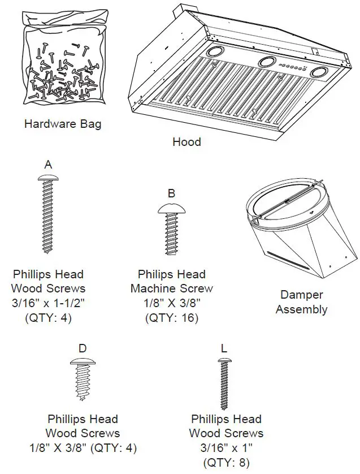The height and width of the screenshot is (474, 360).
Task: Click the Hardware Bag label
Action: tap(63, 123)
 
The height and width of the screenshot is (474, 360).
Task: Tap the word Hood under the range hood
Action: tap(186, 141)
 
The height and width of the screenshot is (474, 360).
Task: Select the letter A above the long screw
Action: tap(48, 165)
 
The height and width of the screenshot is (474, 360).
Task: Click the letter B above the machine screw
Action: tap(171, 194)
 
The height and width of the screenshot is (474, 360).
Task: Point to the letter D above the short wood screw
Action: tap(83, 348)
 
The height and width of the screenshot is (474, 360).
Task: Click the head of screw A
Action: tap(48, 178)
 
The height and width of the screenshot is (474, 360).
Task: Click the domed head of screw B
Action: tap(171, 208)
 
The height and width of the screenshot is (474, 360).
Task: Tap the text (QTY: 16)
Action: tap(172, 318)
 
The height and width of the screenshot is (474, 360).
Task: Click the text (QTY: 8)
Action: tap(225, 463)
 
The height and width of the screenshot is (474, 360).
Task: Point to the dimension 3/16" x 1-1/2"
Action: tap(48, 303)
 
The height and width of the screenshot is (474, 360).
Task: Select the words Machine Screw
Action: tap(172, 288)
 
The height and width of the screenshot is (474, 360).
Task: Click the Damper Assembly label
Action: tap(301, 302)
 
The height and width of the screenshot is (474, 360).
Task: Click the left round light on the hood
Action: tap(214, 51)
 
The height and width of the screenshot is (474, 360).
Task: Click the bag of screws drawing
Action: tap(62, 68)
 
